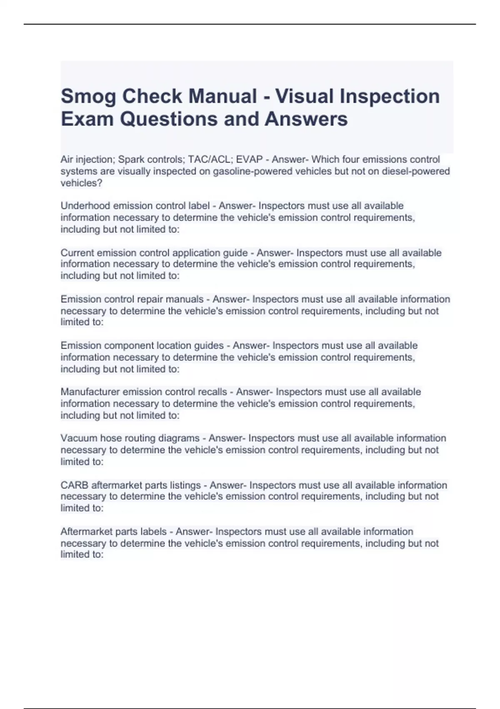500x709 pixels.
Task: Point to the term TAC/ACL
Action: point(210,159)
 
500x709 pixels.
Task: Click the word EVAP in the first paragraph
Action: point(249,159)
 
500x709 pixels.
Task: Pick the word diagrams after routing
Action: point(181,438)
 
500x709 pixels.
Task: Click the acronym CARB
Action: point(74,485)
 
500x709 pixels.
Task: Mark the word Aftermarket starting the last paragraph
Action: point(86,531)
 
